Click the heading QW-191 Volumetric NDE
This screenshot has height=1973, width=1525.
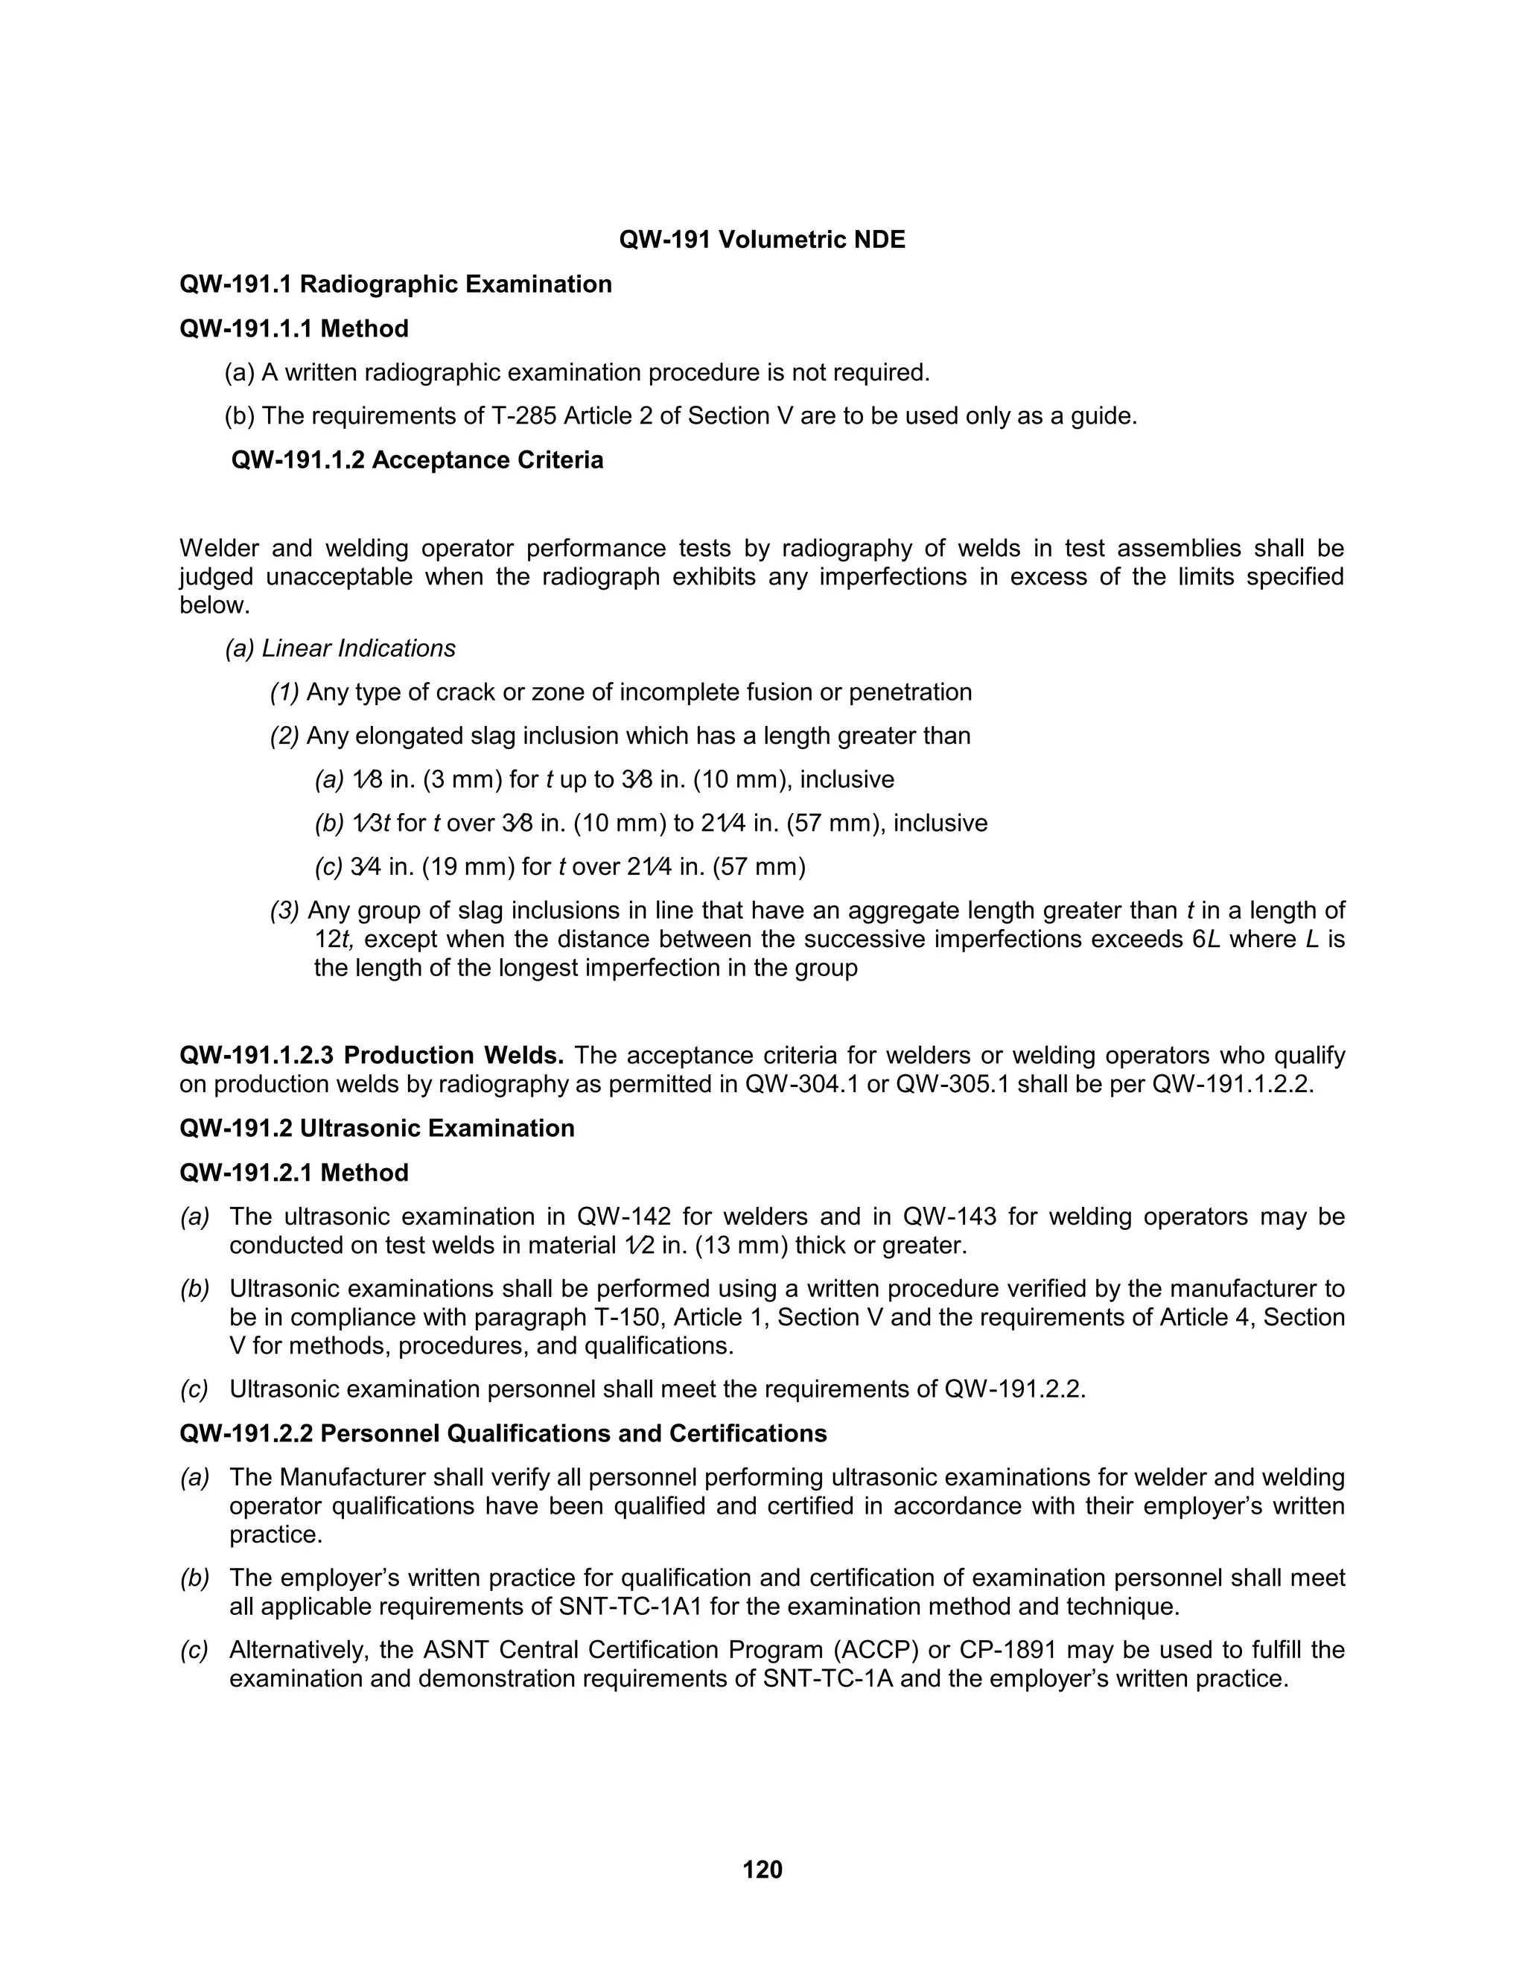click(x=762, y=240)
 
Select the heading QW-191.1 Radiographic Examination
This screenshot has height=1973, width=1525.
click(x=395, y=284)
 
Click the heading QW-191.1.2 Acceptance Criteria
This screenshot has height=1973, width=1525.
click(x=418, y=460)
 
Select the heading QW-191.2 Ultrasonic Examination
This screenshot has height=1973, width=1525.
click(x=377, y=1128)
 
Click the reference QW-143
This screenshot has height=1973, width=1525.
click(x=949, y=1216)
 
